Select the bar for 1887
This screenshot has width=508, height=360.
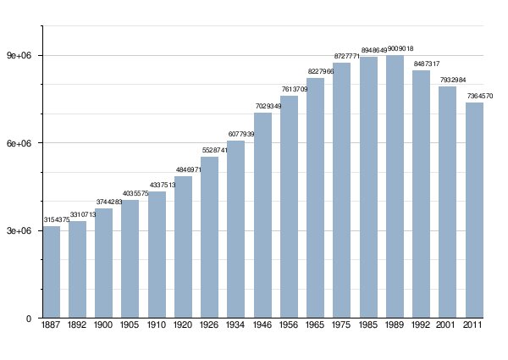(x=52, y=272)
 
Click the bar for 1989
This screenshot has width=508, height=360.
(x=395, y=186)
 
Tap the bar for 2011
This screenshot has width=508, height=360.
(x=474, y=210)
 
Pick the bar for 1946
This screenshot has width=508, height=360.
(x=262, y=215)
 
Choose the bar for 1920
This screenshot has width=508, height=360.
(x=183, y=246)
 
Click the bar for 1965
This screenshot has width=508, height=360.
(x=315, y=197)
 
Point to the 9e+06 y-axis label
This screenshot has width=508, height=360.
(x=19, y=55)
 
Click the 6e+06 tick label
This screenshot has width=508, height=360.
(x=19, y=143)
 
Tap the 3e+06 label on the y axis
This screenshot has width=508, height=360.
(x=19, y=230)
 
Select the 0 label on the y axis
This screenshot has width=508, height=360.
(x=29, y=318)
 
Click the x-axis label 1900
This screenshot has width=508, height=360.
(x=103, y=324)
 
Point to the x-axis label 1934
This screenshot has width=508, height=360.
(x=235, y=324)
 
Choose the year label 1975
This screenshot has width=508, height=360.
(x=341, y=324)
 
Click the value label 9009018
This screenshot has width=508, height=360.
(x=400, y=48)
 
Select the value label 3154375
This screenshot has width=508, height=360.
(x=57, y=219)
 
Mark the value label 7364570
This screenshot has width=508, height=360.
(x=480, y=96)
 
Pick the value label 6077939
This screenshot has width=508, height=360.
(x=241, y=134)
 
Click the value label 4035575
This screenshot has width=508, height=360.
(x=135, y=193)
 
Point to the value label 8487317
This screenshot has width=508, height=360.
(x=427, y=64)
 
